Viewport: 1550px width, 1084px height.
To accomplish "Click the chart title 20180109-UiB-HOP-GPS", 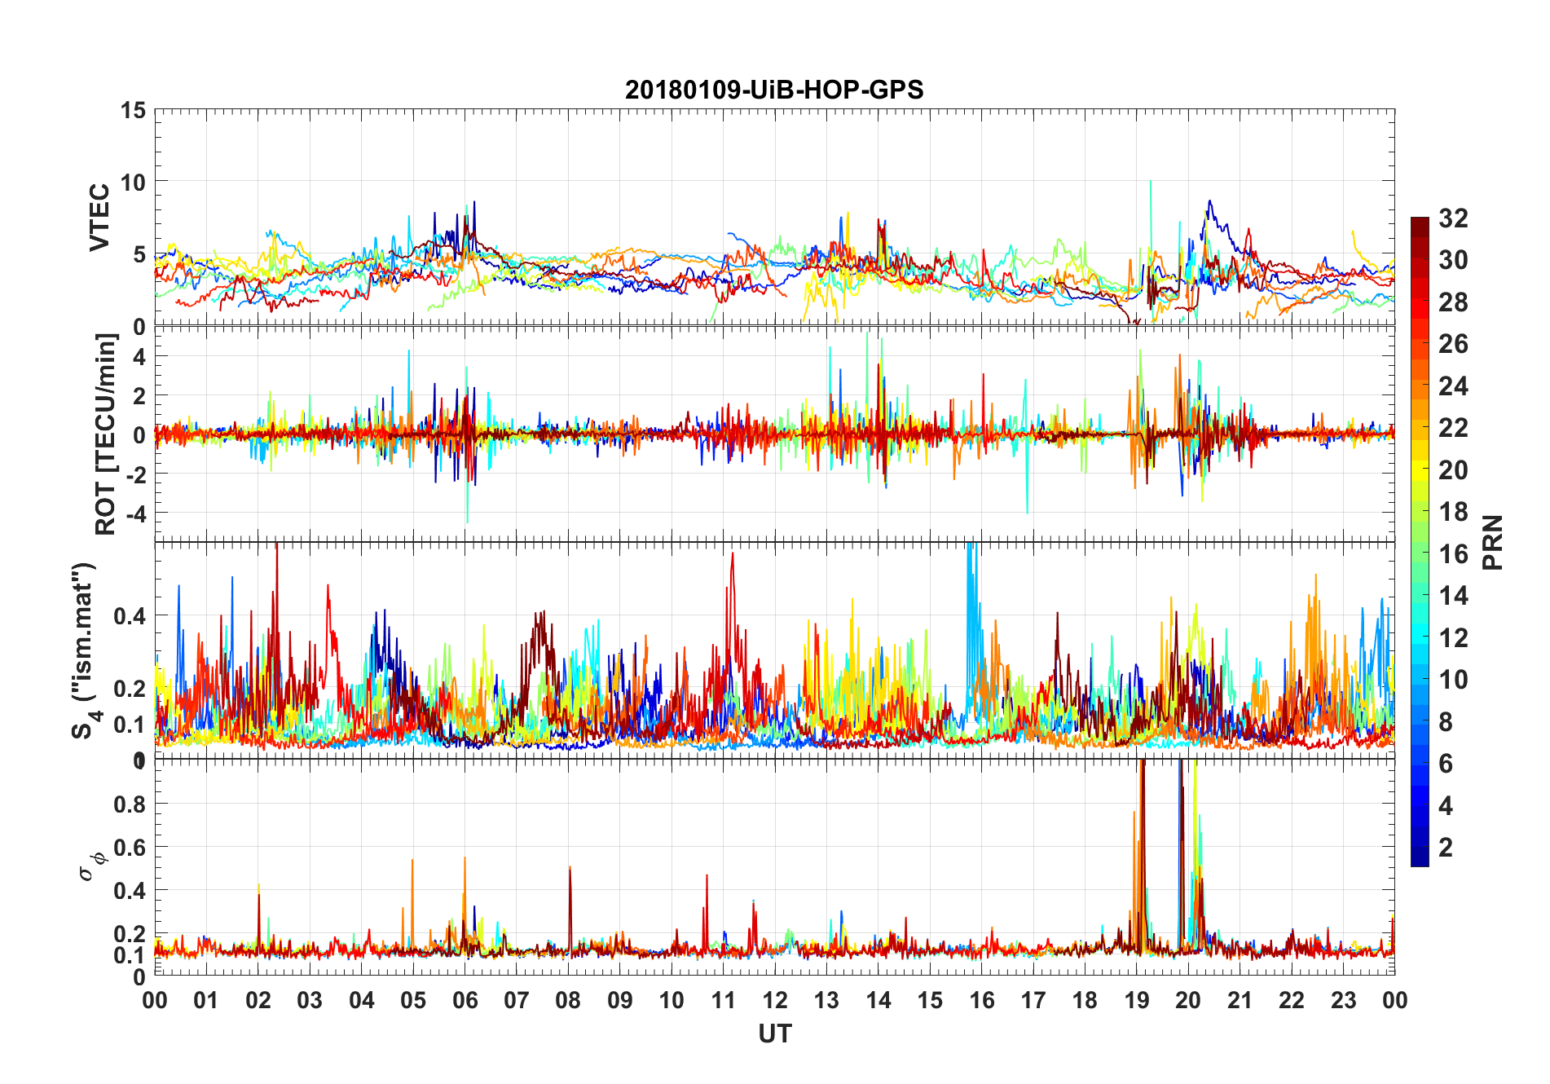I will pyautogui.click(x=774, y=90).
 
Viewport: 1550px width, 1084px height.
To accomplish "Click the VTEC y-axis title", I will pyautogui.click(x=99, y=218).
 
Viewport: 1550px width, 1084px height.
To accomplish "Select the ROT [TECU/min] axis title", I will pyautogui.click(x=106, y=434).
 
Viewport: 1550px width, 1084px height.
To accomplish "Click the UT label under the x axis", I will pyautogui.click(x=774, y=1033).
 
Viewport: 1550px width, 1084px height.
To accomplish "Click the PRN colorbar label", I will pyautogui.click(x=1492, y=542).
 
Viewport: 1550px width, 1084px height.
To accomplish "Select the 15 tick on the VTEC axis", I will pyautogui.click(x=134, y=110).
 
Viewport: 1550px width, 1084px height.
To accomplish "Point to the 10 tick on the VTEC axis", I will pyautogui.click(x=134, y=182).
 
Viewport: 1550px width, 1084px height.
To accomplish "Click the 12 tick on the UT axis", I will pyautogui.click(x=774, y=1000).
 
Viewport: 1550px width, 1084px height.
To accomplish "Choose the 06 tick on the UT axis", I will pyautogui.click(x=465, y=1000).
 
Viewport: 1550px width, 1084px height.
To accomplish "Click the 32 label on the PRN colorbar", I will pyautogui.click(x=1453, y=218).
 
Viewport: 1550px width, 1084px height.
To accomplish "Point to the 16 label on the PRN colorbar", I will pyautogui.click(x=1453, y=554).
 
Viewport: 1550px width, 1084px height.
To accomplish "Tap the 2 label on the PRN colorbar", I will pyautogui.click(x=1446, y=848).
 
